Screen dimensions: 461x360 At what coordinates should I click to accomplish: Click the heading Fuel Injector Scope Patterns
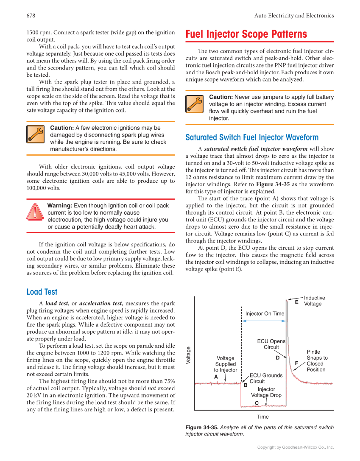click(246, 34)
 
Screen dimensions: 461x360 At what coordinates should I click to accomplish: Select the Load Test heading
click(42, 292)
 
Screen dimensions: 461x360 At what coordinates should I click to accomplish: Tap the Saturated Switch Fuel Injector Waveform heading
click(252, 137)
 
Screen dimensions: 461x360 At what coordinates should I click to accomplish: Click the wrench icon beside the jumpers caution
click(195, 104)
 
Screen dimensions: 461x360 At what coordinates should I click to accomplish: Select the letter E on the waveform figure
click(297, 302)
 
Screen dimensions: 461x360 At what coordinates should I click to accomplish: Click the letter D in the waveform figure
click(278, 358)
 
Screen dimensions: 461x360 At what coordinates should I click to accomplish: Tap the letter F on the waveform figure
click(297, 363)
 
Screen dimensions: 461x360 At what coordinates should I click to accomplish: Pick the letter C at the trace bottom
click(257, 403)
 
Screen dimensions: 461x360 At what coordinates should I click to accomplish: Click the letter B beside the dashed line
click(246, 385)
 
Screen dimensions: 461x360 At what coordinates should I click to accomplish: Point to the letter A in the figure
click(216, 377)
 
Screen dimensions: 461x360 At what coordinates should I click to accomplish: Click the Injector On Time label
click(265, 313)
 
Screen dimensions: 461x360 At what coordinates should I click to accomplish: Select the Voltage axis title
click(189, 355)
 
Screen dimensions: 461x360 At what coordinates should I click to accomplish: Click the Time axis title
click(263, 416)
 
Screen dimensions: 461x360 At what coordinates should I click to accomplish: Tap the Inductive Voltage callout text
click(314, 301)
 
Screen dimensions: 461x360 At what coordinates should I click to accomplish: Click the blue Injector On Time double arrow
click(264, 321)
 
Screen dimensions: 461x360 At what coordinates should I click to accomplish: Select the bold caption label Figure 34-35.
click(202, 427)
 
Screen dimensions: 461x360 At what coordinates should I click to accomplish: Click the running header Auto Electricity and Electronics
click(294, 16)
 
